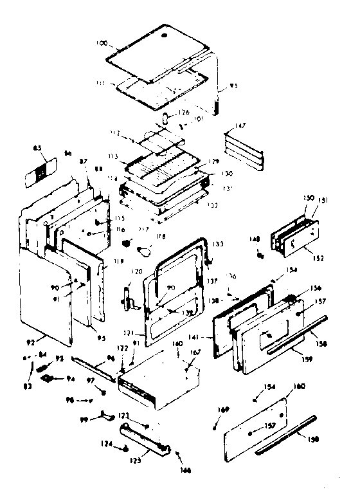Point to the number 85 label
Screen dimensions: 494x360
click(37, 149)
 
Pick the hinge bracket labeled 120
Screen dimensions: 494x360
click(127, 297)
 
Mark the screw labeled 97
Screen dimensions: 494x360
click(102, 392)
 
